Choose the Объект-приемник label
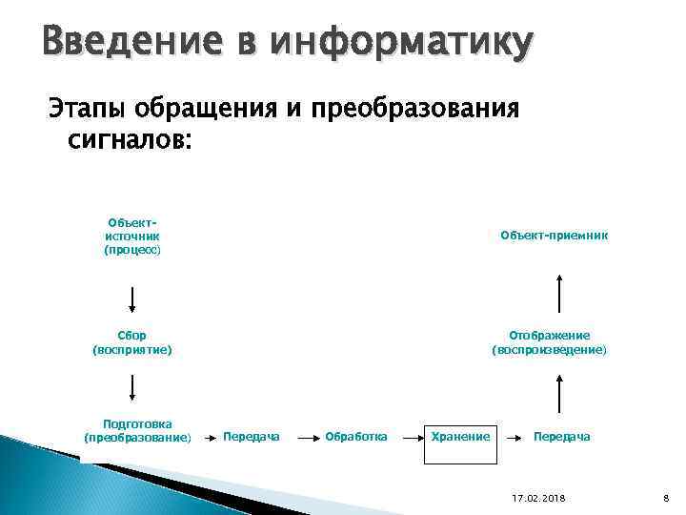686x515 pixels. [554, 236]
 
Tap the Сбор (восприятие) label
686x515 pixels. [132, 342]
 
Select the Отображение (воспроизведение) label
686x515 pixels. [549, 342]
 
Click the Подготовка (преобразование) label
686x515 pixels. [137, 430]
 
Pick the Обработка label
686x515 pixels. [356, 437]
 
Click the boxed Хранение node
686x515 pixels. [461, 437]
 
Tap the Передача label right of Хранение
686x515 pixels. [561, 437]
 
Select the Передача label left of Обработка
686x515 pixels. [251, 437]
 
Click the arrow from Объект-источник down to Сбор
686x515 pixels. [132, 299]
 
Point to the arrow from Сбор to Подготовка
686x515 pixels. [132, 387]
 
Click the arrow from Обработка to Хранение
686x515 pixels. [410, 437]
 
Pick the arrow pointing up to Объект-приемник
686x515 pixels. [559, 294]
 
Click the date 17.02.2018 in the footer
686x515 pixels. [538, 499]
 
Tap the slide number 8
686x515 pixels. [666, 499]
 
